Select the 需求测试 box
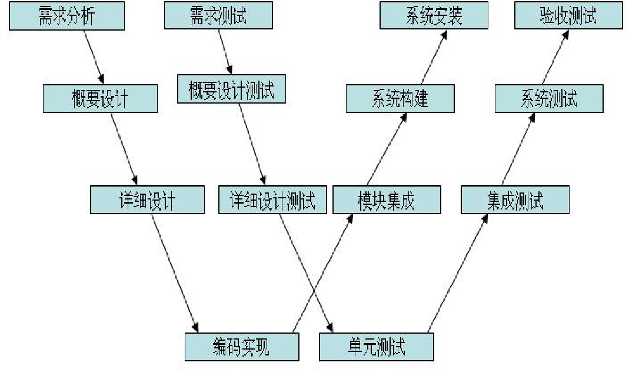(x=218, y=15)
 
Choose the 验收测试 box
(x=568, y=15)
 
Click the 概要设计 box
(x=100, y=98)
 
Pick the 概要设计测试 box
(x=231, y=89)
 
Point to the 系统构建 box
(x=400, y=98)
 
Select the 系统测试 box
(x=548, y=98)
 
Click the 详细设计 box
(x=147, y=200)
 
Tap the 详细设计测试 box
(x=272, y=200)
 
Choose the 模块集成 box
(x=387, y=200)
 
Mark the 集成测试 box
(x=515, y=200)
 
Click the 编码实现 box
(x=241, y=347)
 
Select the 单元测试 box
(x=376, y=347)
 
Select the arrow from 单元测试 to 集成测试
(x=458, y=273)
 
